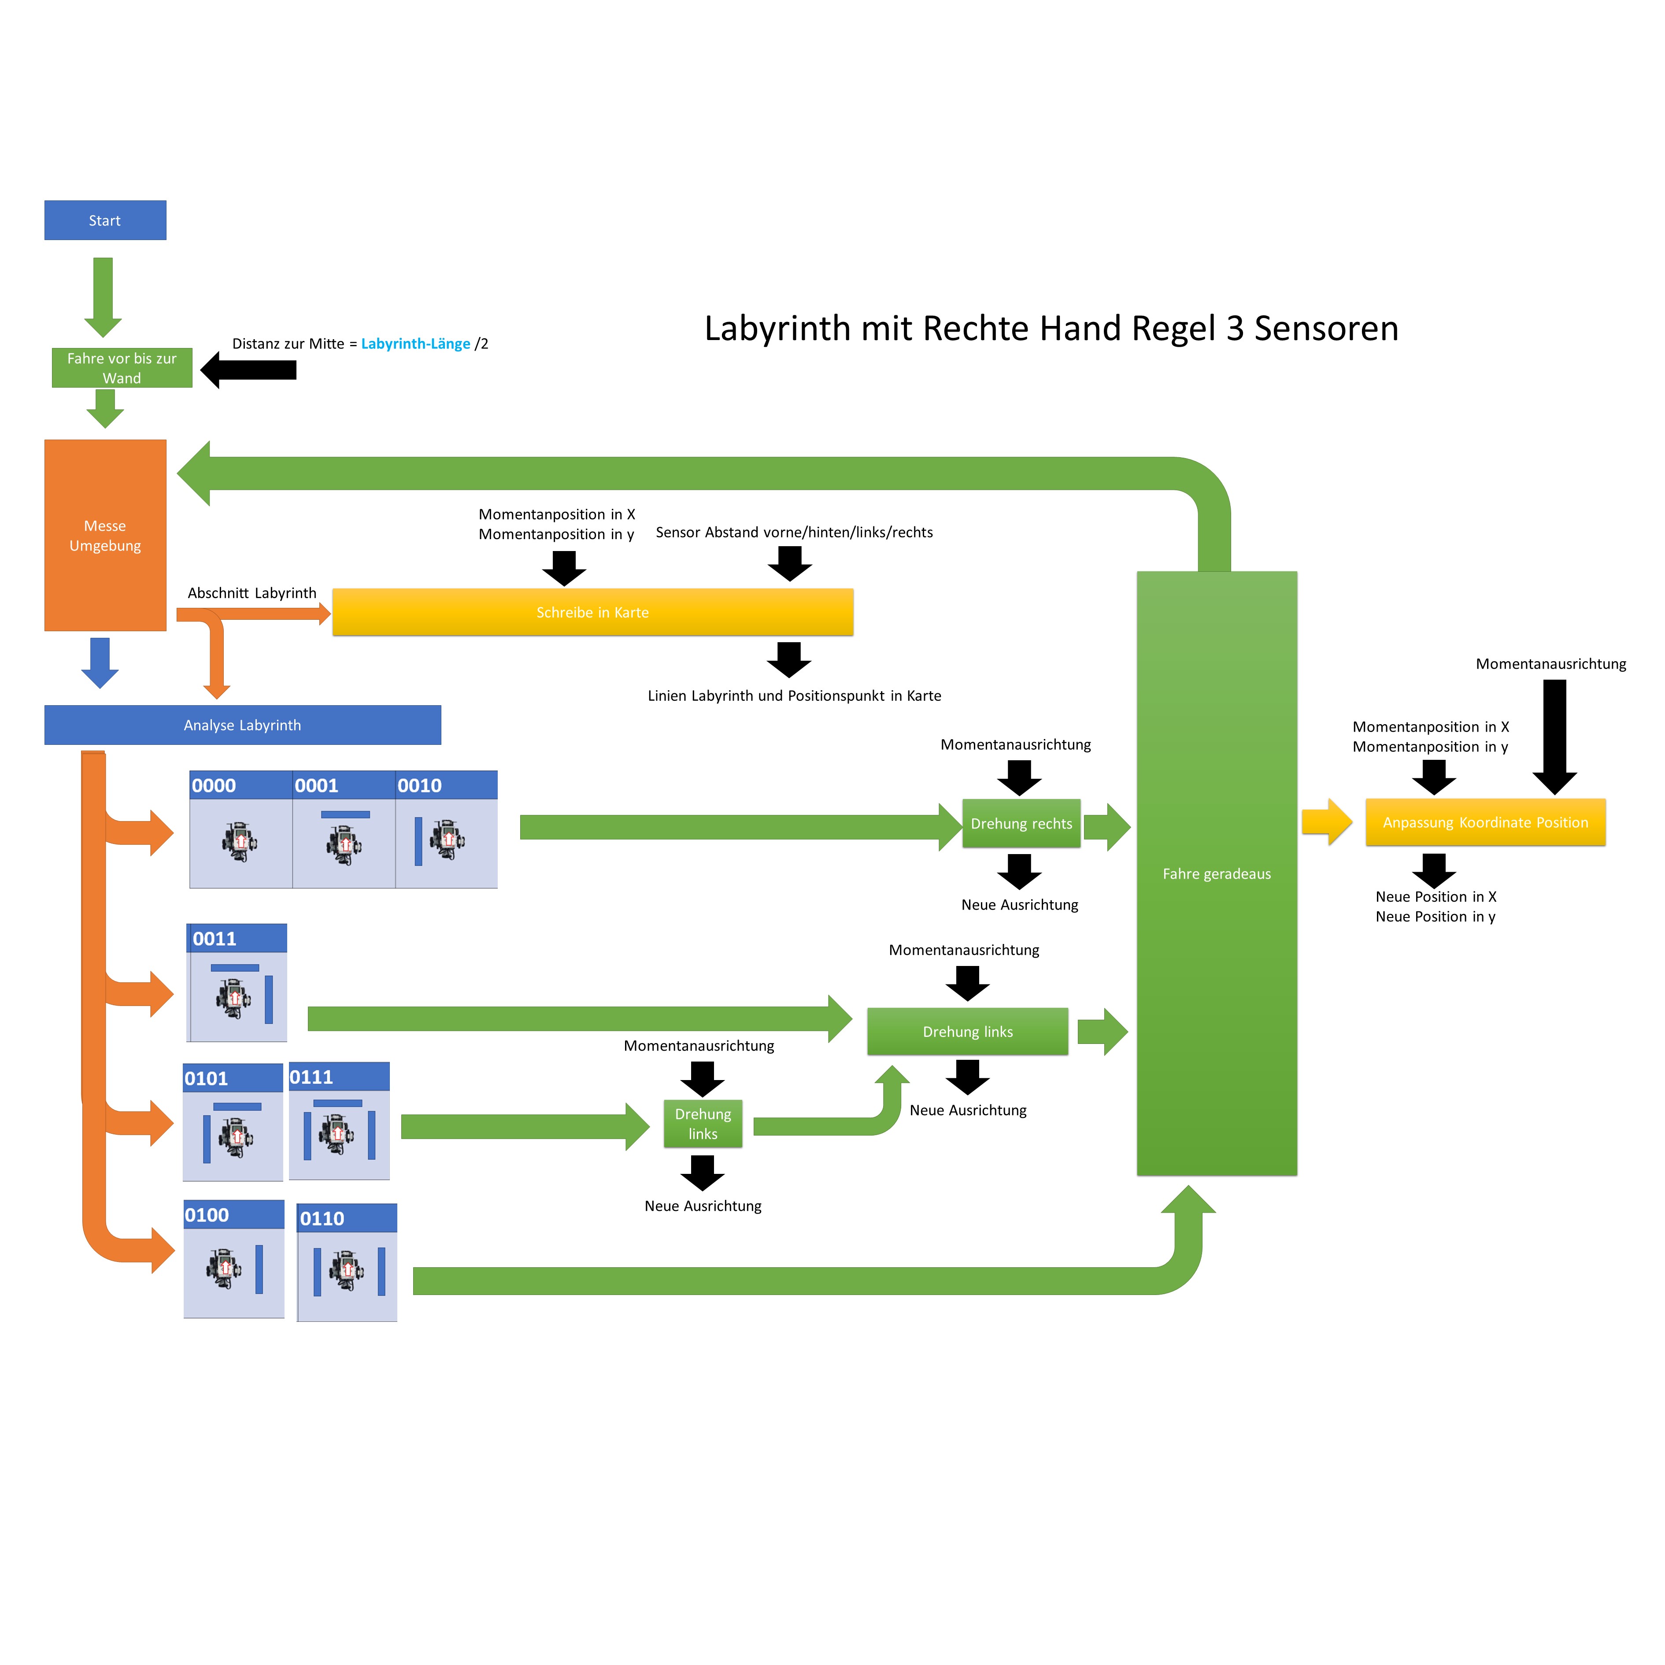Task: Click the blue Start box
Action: coord(105,221)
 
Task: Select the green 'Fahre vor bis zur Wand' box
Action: coord(122,368)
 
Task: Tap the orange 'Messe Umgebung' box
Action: coord(105,535)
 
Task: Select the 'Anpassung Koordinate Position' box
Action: coord(1485,823)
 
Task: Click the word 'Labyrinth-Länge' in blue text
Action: coord(415,344)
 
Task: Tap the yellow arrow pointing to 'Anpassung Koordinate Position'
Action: coord(1326,822)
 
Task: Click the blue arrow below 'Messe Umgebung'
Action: coord(100,662)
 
